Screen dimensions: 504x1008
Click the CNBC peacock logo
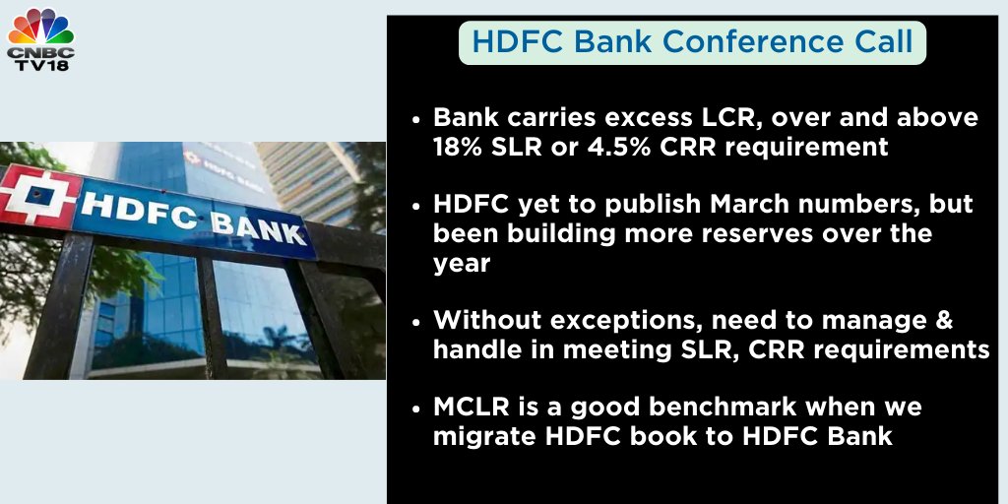pyautogui.click(x=41, y=28)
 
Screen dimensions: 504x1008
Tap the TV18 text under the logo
pyautogui.click(x=41, y=64)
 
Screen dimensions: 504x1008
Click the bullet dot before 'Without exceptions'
pyautogui.click(x=418, y=321)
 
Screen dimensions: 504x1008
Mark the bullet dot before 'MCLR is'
pyautogui.click(x=418, y=408)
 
